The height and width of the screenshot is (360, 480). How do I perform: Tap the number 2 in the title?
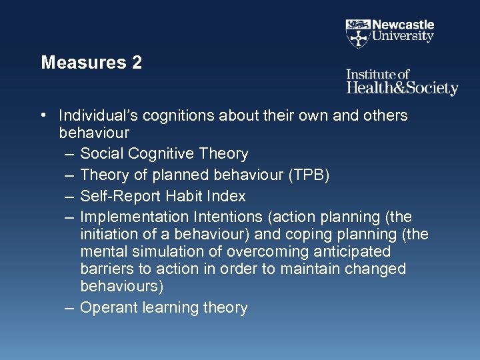pos(137,63)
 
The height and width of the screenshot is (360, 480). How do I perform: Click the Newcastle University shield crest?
pos(358,32)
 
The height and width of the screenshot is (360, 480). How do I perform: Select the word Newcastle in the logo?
pos(403,25)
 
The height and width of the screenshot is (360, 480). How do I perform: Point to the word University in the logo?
pos(403,37)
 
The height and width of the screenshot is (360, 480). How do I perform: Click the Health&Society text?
pos(402,88)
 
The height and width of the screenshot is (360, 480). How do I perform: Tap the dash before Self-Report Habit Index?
pos(70,197)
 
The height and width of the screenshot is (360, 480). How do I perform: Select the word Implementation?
pos(134,217)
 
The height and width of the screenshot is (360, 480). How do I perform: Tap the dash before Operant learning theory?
pos(70,308)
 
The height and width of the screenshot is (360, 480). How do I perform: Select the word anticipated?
pos(353,252)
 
